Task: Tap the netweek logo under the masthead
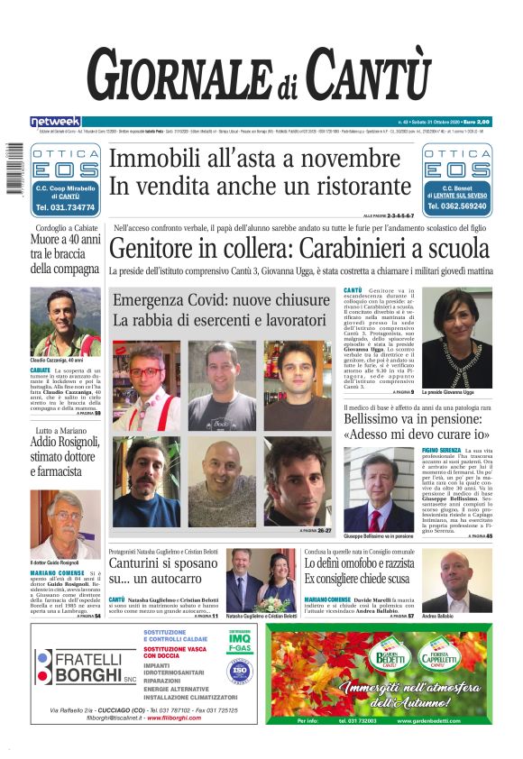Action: point(55,122)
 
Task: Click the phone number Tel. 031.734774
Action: point(65,207)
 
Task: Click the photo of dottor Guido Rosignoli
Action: point(64,524)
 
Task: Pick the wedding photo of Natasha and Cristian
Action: point(261,580)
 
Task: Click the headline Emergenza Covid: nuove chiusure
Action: point(222,300)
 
